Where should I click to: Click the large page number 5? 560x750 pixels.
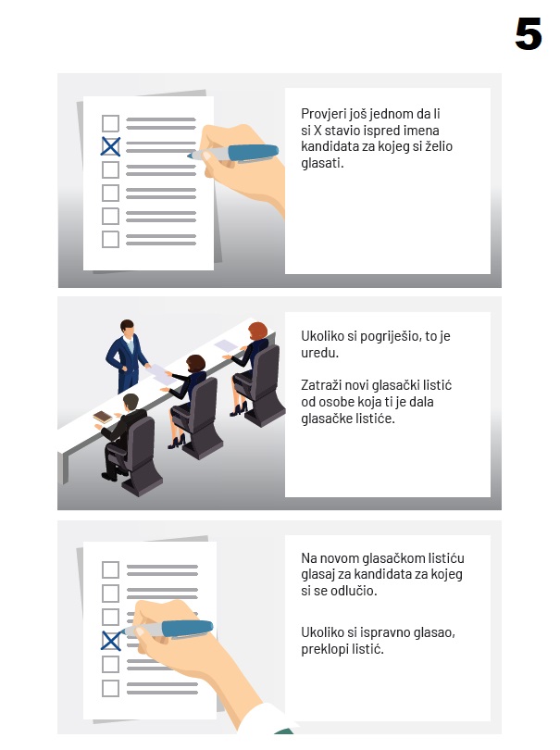[x=528, y=33]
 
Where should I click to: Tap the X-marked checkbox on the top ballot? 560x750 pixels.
[x=110, y=146]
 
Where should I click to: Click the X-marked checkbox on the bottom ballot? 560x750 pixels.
[x=111, y=641]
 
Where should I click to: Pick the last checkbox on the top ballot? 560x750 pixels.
[x=110, y=239]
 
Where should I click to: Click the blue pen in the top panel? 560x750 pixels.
[x=233, y=153]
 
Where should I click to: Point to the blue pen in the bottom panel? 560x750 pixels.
[x=168, y=629]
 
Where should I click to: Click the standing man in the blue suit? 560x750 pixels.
[x=127, y=356]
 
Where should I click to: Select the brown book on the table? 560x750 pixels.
[x=103, y=417]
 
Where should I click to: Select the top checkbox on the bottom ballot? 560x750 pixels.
[x=110, y=569]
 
